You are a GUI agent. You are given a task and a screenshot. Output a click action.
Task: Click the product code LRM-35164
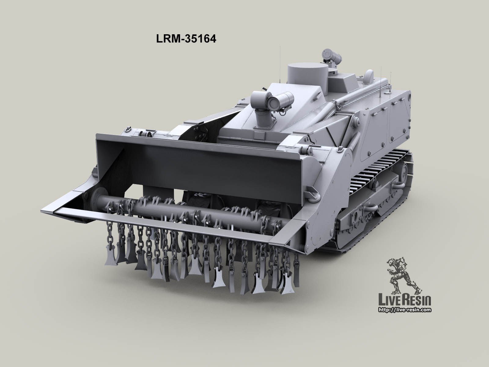186,39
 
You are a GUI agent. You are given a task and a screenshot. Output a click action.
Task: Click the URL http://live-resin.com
405,310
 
